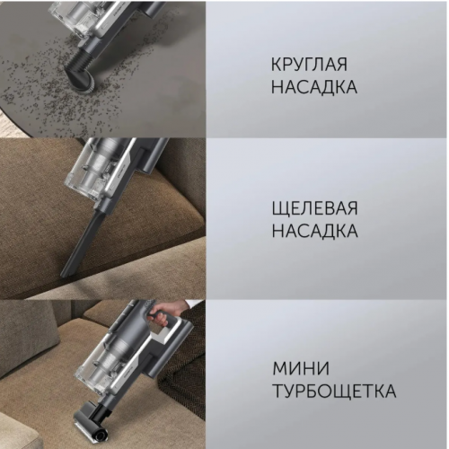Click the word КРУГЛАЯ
pos(307,67)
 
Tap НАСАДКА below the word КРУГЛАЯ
pos(314,89)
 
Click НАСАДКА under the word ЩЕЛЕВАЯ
pos(314,232)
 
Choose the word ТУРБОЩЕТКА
pos(333,392)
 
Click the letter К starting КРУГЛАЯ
pos(276,67)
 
